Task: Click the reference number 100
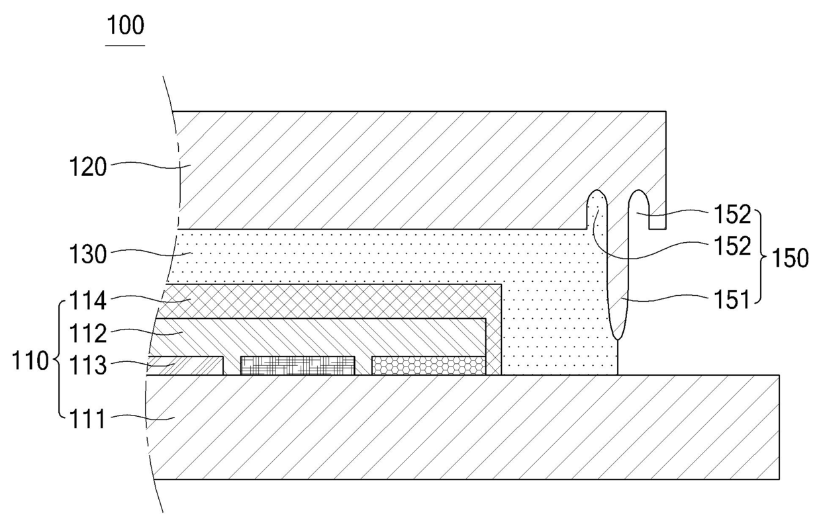(x=125, y=26)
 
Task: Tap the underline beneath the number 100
(x=125, y=46)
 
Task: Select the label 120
(x=88, y=167)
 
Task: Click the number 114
(x=88, y=302)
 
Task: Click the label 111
(x=88, y=418)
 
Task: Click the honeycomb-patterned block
(x=428, y=365)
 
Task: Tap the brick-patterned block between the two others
(x=297, y=365)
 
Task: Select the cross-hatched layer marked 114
(x=331, y=301)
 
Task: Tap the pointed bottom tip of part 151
(x=618, y=338)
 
